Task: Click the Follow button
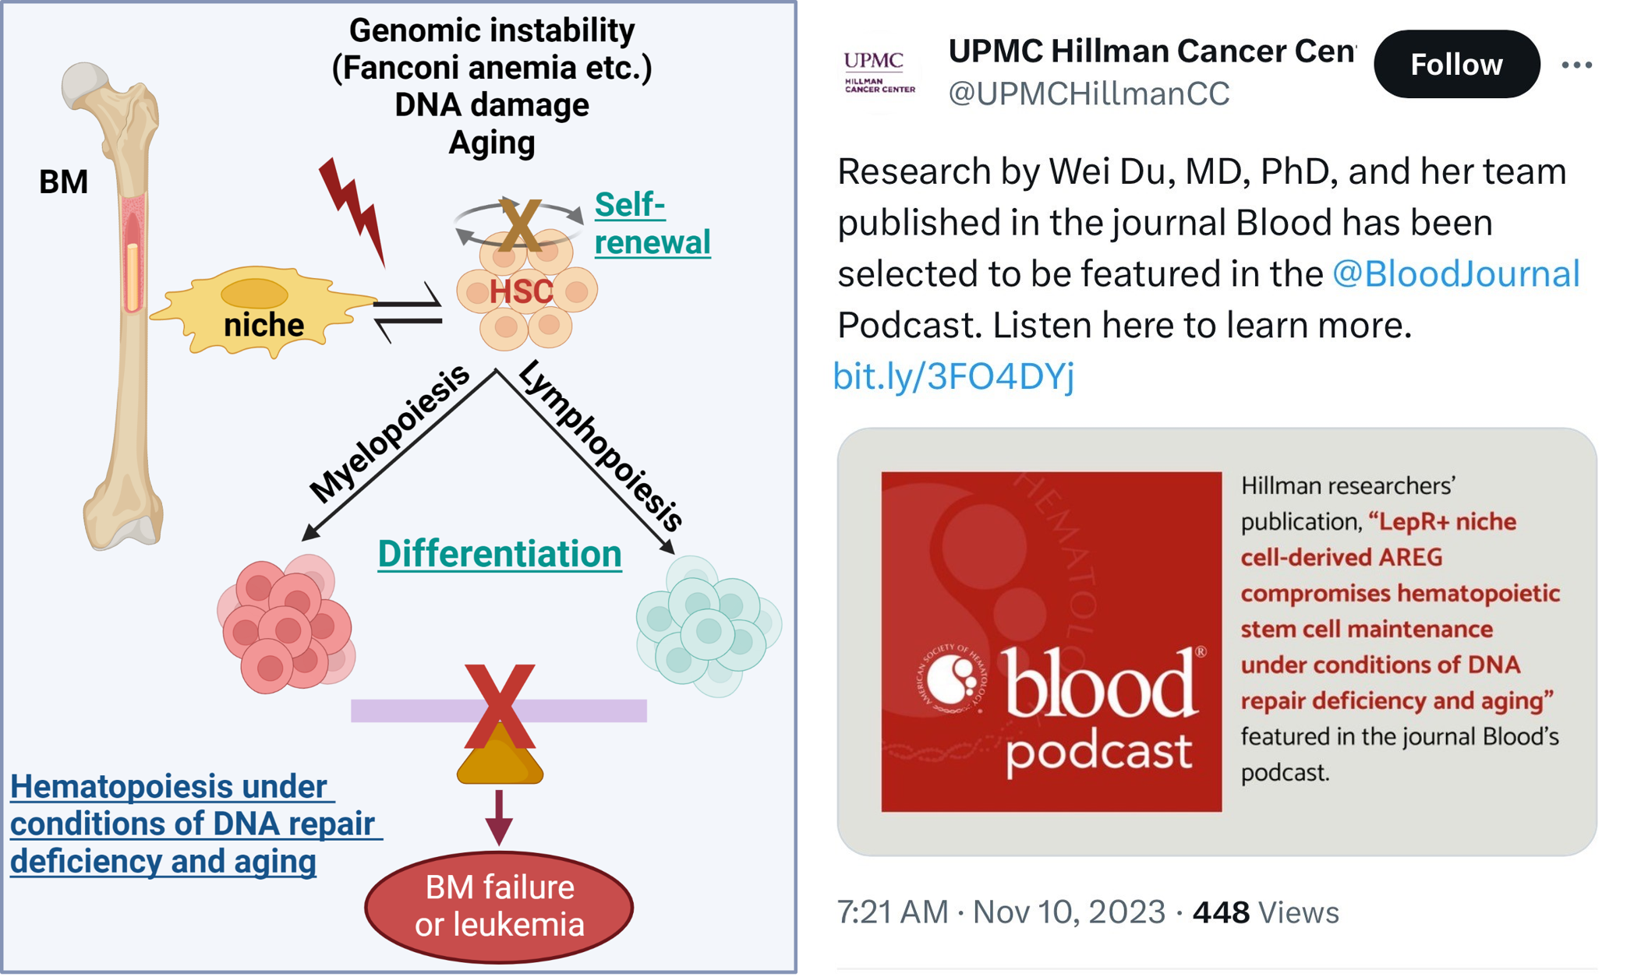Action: [1456, 65]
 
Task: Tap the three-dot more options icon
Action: [1576, 65]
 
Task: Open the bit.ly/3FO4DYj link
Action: [953, 376]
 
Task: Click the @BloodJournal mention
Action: [1455, 274]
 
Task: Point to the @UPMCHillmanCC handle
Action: [1088, 93]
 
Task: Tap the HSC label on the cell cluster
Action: [521, 292]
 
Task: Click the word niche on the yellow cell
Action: [263, 325]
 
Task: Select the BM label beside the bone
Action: [63, 182]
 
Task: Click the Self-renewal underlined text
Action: [651, 224]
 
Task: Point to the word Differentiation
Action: [500, 554]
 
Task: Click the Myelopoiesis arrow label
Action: [389, 434]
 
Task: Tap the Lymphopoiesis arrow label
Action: [600, 446]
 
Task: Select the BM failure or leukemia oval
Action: [499, 906]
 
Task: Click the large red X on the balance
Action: [499, 705]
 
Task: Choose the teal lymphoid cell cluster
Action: [708, 626]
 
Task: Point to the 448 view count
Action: [1221, 912]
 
